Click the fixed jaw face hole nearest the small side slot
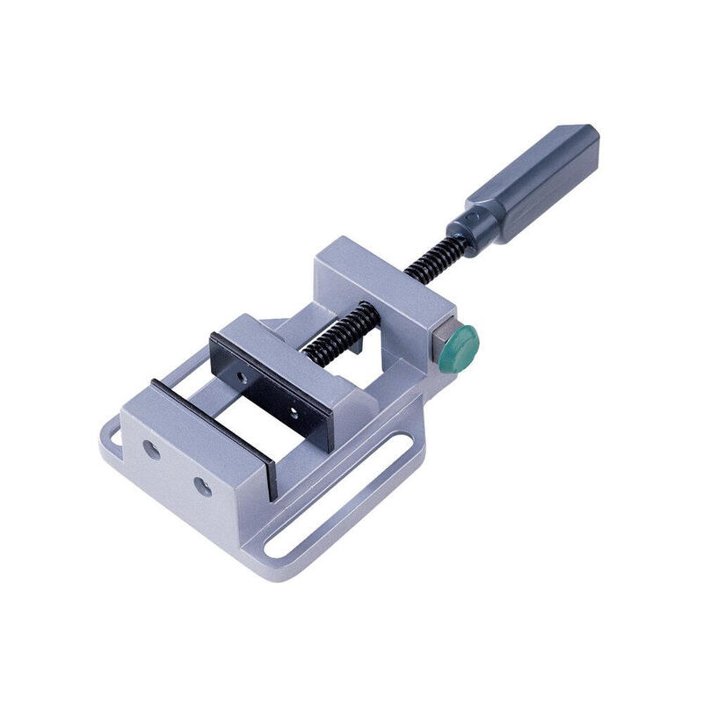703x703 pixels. [x=150, y=447]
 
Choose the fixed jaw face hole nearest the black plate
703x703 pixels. [x=203, y=486]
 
